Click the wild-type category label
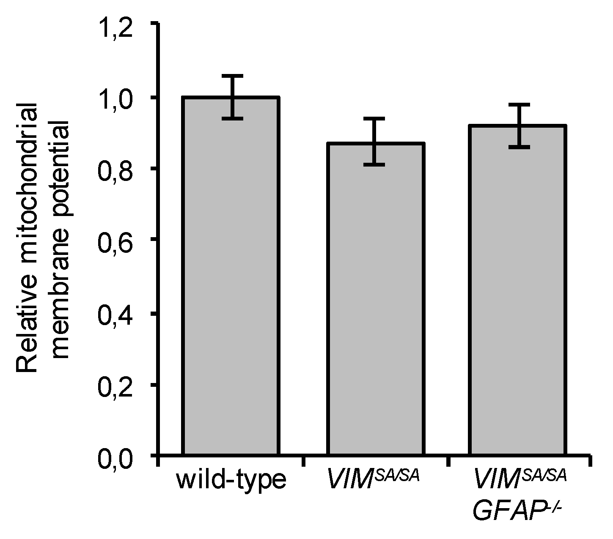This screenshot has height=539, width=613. [x=231, y=481]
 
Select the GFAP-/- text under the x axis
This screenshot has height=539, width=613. [x=517, y=511]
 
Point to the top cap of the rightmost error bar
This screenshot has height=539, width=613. [x=517, y=104]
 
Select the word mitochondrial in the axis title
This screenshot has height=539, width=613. [x=27, y=178]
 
